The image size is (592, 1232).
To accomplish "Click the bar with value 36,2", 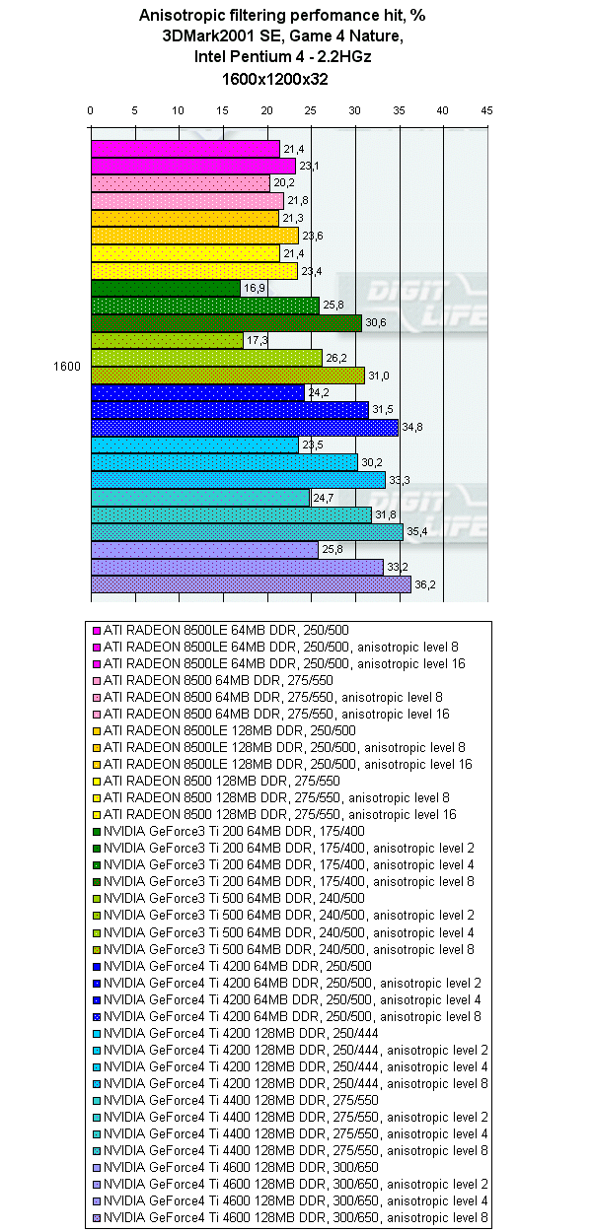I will [x=251, y=584].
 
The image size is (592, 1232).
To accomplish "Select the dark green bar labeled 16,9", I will [x=166, y=288].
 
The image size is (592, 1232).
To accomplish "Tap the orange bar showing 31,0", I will [x=228, y=376].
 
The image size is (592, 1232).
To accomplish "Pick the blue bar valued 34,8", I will [x=245, y=428].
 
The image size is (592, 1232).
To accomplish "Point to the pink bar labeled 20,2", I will [x=181, y=183].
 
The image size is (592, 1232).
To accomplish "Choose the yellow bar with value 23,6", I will [x=194, y=236].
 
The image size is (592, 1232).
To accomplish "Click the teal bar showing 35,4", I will [x=247, y=532].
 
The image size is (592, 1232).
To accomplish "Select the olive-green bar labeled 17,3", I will [x=167, y=340].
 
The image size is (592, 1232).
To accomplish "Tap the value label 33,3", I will [x=399, y=480].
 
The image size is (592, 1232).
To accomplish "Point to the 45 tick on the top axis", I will [x=486, y=110].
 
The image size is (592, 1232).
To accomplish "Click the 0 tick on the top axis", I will [x=91, y=110].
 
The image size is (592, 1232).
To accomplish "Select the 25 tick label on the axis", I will [x=311, y=110].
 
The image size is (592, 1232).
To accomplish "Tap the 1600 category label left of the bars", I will [x=66, y=367].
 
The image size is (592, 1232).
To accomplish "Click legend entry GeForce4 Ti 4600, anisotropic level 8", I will [x=296, y=1218].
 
